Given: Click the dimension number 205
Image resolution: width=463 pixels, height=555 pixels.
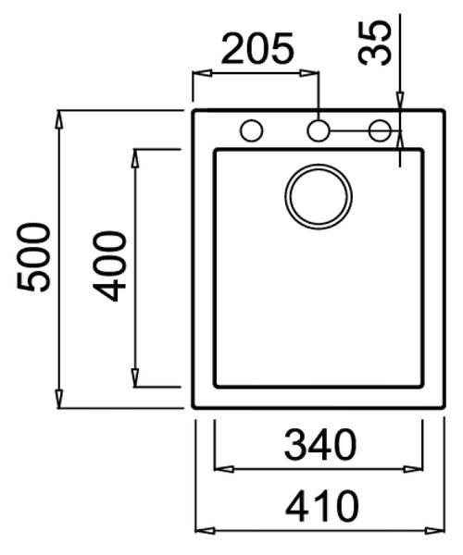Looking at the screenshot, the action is (x=257, y=49).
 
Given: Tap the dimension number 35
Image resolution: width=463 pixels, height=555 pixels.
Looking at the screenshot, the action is (x=374, y=43).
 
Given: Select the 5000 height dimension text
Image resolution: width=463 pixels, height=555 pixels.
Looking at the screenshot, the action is (x=33, y=257).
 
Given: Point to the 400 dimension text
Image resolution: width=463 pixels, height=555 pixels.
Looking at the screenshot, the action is (x=109, y=266).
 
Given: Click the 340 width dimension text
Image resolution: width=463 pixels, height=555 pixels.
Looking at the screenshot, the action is (x=319, y=444).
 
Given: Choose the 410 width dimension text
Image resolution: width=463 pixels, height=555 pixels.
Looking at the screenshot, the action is (x=321, y=506).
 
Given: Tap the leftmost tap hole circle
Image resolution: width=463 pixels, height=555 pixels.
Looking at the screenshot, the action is (x=251, y=130).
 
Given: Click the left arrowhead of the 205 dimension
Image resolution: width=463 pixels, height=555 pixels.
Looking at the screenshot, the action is (x=202, y=73).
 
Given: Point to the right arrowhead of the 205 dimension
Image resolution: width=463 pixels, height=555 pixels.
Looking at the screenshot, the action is (x=309, y=73).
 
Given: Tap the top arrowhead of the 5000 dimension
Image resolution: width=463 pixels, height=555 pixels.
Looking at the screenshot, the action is (x=59, y=119).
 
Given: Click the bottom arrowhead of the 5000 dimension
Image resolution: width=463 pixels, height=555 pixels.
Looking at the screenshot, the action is (x=59, y=400).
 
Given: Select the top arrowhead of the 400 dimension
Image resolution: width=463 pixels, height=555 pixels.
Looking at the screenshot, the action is (x=134, y=158).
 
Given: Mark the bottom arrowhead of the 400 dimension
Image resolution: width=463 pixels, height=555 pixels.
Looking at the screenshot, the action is (x=134, y=378).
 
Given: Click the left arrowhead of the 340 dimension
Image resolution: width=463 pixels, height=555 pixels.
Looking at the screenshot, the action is (x=224, y=469).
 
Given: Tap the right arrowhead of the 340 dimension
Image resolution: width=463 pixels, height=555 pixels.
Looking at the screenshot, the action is (x=413, y=469).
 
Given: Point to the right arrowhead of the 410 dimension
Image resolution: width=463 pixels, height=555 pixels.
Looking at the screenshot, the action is (x=434, y=531).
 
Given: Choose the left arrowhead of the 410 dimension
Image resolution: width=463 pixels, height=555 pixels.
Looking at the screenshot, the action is (x=206, y=531).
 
